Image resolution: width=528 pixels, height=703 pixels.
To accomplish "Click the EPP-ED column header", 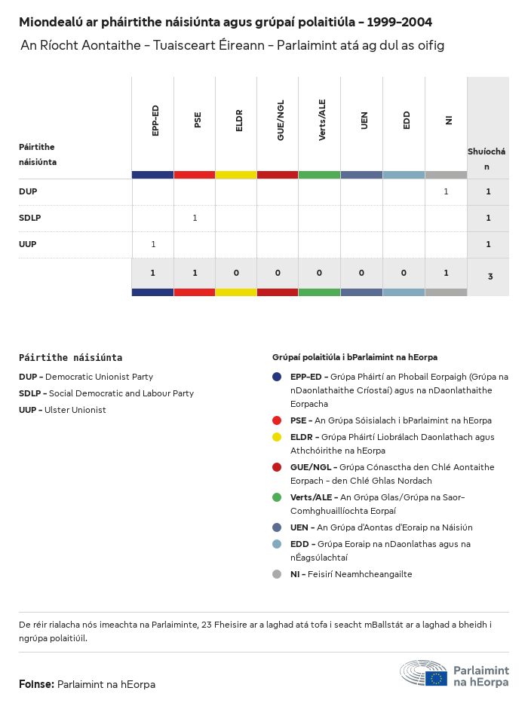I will (155, 121).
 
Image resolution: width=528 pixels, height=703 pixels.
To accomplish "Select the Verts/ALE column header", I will (322, 121).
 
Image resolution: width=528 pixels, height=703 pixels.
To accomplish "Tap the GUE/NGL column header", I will (281, 121).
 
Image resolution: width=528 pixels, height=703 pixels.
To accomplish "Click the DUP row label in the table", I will (28, 191).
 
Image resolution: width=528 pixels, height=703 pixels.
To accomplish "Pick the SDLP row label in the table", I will (30, 218).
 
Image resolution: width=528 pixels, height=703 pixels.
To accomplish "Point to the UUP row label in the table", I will (28, 244).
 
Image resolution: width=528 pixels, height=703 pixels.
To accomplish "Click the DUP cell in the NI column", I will (446, 191).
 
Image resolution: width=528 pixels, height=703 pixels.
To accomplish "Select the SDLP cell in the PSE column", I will (195, 218).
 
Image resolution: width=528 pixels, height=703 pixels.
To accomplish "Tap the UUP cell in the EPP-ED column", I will (153, 244).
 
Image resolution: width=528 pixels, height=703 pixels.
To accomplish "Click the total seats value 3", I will (490, 277).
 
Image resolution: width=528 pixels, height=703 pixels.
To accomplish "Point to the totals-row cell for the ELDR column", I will (236, 273).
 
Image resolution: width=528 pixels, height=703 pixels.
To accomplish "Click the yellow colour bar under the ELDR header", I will (236, 175).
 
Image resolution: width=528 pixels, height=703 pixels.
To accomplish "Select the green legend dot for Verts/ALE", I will (277, 497).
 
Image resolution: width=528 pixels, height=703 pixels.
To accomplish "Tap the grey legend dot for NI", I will (277, 574).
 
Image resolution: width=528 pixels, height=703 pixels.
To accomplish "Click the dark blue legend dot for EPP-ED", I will (277, 377).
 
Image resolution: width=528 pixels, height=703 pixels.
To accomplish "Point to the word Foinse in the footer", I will (36, 684).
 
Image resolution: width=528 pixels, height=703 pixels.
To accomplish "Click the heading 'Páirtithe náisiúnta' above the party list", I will (70, 358).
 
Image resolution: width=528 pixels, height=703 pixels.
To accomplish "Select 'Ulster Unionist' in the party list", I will (75, 410).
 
